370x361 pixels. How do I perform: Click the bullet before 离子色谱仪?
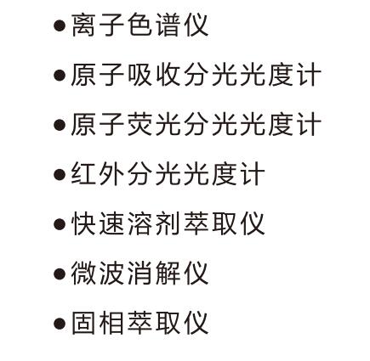click(x=60, y=25)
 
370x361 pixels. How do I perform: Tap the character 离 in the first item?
click(x=83, y=25)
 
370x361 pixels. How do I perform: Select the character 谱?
click(x=168, y=25)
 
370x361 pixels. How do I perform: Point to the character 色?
click(x=139, y=25)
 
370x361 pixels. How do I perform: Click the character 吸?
click(x=139, y=75)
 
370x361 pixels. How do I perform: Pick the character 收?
click(x=168, y=75)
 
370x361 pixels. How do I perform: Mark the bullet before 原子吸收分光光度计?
click(x=60, y=76)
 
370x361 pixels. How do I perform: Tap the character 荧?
click(x=139, y=124)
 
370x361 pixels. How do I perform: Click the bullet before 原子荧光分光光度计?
click(x=60, y=125)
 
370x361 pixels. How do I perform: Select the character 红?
click(x=83, y=173)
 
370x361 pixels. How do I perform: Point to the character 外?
click(x=111, y=173)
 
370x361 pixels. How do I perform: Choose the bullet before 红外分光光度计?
click(x=60, y=175)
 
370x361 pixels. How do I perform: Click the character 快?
click(x=83, y=223)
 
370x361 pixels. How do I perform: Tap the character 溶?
click(x=139, y=223)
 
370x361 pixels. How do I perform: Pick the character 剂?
click(x=168, y=223)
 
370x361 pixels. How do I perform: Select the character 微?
click(x=83, y=273)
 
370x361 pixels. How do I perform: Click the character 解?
click(x=168, y=273)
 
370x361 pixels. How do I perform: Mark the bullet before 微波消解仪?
click(x=60, y=274)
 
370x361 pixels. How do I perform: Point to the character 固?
click(x=83, y=323)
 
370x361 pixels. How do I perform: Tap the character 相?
click(x=111, y=323)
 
